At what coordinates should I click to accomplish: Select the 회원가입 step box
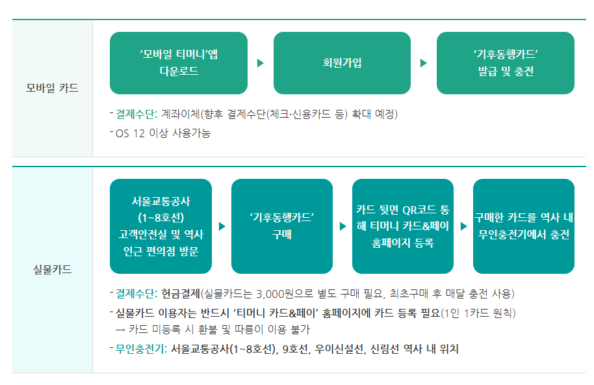[x=342, y=63]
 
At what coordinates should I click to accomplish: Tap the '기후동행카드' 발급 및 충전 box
[x=505, y=63]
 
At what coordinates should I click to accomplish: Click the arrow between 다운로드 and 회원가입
[x=261, y=63]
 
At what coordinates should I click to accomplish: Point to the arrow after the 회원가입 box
[x=424, y=63]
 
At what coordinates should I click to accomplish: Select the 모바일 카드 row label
[x=53, y=88]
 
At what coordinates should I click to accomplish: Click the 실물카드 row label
[x=53, y=269]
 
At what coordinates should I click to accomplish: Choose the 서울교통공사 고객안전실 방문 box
[x=161, y=226]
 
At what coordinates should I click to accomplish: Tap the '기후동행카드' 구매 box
[x=281, y=226]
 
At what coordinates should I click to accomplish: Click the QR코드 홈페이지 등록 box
[x=402, y=226]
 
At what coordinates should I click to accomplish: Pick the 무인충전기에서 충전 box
[x=523, y=226]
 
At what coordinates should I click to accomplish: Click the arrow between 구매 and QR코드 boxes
[x=342, y=226]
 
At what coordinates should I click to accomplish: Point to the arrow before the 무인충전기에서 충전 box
[x=463, y=226]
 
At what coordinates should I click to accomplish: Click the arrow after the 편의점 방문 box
[x=222, y=226]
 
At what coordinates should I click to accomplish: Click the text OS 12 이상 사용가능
[x=163, y=133]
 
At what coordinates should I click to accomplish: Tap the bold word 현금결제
[x=181, y=294]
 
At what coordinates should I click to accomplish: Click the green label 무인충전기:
[x=142, y=349]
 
